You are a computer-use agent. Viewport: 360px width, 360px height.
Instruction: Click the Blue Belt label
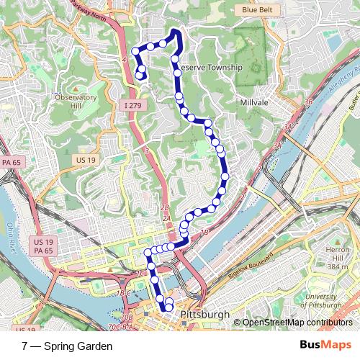(258, 10)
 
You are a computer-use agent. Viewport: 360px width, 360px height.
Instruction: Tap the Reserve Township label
(210, 67)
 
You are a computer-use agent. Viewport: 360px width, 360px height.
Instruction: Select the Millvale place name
(254, 103)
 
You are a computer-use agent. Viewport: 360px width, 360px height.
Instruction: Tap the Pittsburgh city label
(205, 315)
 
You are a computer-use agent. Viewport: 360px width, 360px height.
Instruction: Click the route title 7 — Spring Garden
(67, 346)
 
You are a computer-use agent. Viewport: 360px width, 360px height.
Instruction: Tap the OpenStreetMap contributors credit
(299, 323)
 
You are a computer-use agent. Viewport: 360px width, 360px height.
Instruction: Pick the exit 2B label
(165, 207)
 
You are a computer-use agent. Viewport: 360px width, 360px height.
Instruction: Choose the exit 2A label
(166, 218)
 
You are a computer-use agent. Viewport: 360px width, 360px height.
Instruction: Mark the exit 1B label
(204, 233)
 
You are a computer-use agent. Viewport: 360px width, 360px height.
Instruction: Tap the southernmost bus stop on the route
(169, 307)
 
